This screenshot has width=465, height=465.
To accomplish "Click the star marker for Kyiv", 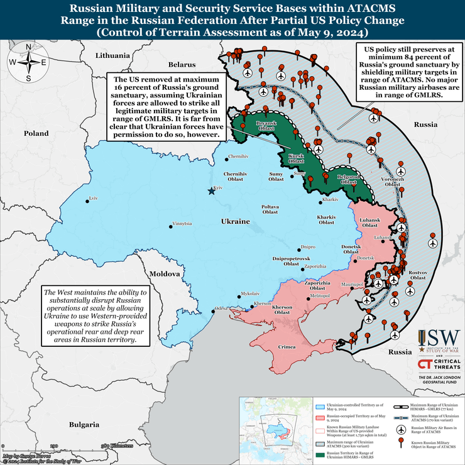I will [211, 191].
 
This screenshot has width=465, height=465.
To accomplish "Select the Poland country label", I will [36, 133].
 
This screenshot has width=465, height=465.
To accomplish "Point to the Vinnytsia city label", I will [185, 224].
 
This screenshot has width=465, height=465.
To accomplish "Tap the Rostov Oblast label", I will [418, 275].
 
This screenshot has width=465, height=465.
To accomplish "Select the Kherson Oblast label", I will [282, 309].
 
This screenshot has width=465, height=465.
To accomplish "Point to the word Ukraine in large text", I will [235, 222].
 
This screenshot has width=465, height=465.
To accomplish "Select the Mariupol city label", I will [353, 285].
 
